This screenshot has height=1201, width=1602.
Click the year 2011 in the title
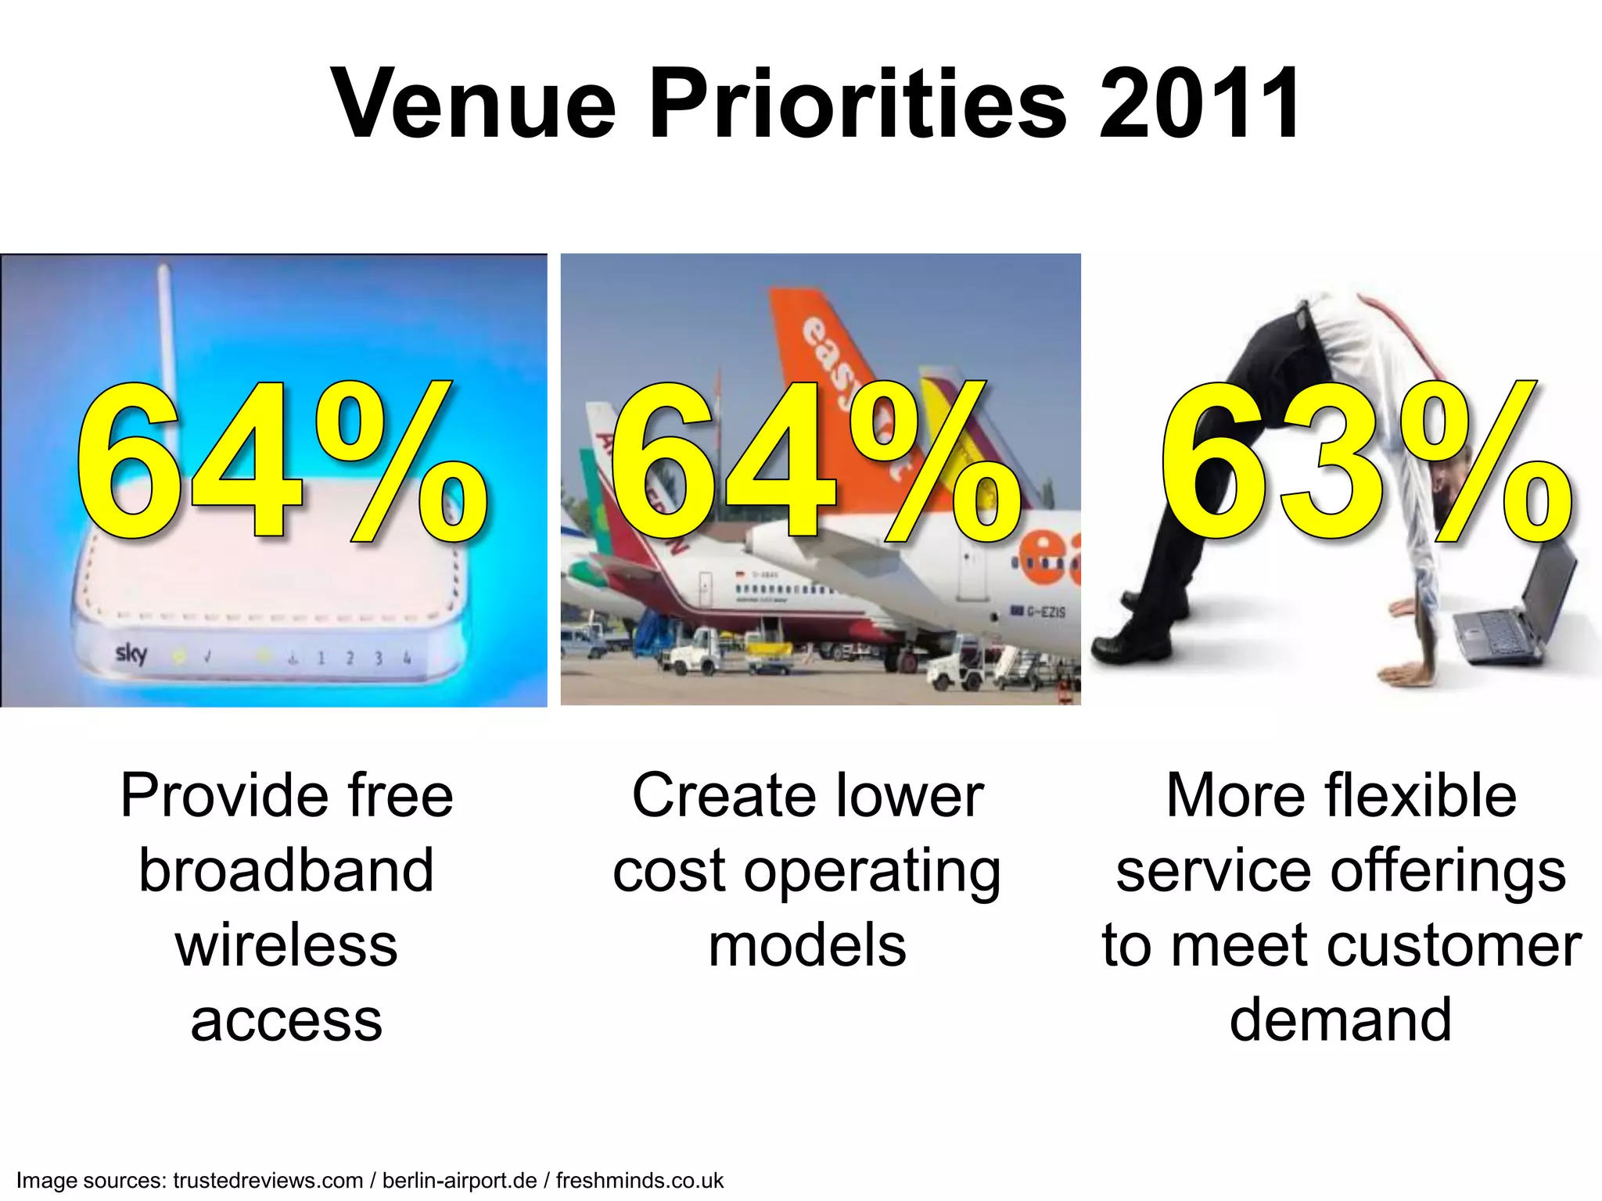coord(1200,103)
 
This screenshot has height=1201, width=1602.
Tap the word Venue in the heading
coord(474,103)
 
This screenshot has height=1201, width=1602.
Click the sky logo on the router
coord(131,653)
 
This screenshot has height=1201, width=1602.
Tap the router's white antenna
coord(165,328)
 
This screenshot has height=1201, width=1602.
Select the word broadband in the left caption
coord(286,870)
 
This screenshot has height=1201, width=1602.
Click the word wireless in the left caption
coord(286,945)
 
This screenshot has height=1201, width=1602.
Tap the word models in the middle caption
coord(807,945)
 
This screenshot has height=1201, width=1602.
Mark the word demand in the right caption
coord(1341,1020)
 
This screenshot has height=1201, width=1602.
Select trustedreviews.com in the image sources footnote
coord(268,1180)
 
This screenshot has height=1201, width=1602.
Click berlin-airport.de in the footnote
coord(459,1180)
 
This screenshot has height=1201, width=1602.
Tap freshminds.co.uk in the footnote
coord(640,1180)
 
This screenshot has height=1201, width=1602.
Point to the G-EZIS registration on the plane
coord(1045,611)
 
